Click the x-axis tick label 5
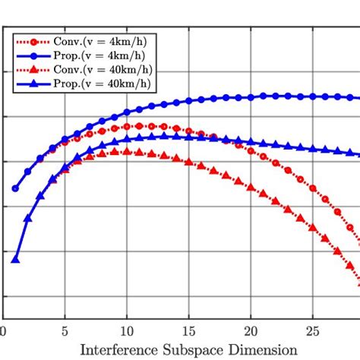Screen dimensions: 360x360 pos(65,332)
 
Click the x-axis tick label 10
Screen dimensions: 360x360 pos(126,332)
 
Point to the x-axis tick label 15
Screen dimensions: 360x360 pos(188,332)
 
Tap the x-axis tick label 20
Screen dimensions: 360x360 pos(250,332)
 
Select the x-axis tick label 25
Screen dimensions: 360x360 pos(311,332)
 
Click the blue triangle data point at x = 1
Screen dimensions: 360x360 pos(15,259)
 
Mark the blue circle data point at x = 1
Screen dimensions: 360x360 pos(15,188)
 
